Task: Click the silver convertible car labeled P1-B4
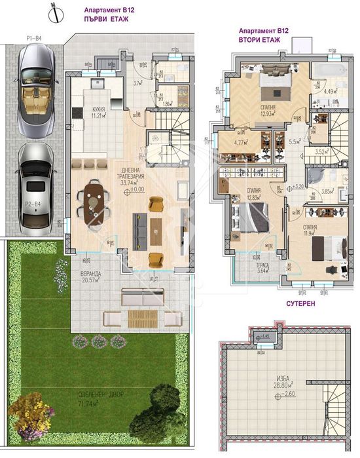[37, 90]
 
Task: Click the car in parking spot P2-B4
[35, 187]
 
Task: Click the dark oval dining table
[93, 200]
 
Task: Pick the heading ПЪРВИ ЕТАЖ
[108, 20]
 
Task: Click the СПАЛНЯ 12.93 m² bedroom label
[267, 111]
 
